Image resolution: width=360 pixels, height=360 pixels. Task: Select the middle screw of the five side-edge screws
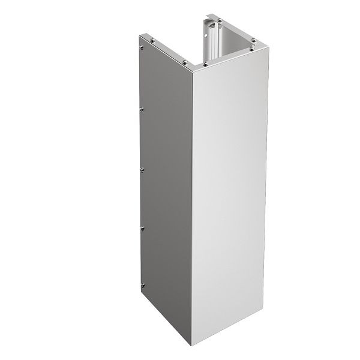(141, 170)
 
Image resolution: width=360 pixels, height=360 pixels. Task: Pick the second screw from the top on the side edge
(140, 109)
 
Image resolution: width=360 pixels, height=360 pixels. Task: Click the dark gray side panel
(168, 180)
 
